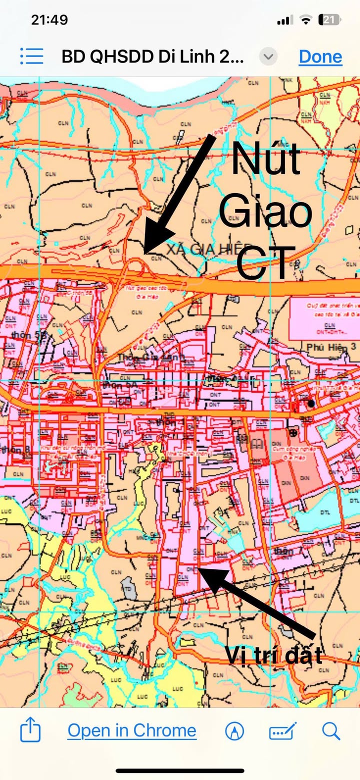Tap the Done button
[320, 57]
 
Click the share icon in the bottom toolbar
[30, 731]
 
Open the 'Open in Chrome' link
[132, 731]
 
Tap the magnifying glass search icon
[331, 731]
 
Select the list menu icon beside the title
[32, 56]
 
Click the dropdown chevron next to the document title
[268, 57]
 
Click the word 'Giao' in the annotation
[265, 212]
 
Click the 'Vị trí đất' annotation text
[273, 655]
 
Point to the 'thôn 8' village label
[15, 450]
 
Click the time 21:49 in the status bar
[49, 20]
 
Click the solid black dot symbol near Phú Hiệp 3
[311, 403]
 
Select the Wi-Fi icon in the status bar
[305, 20]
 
